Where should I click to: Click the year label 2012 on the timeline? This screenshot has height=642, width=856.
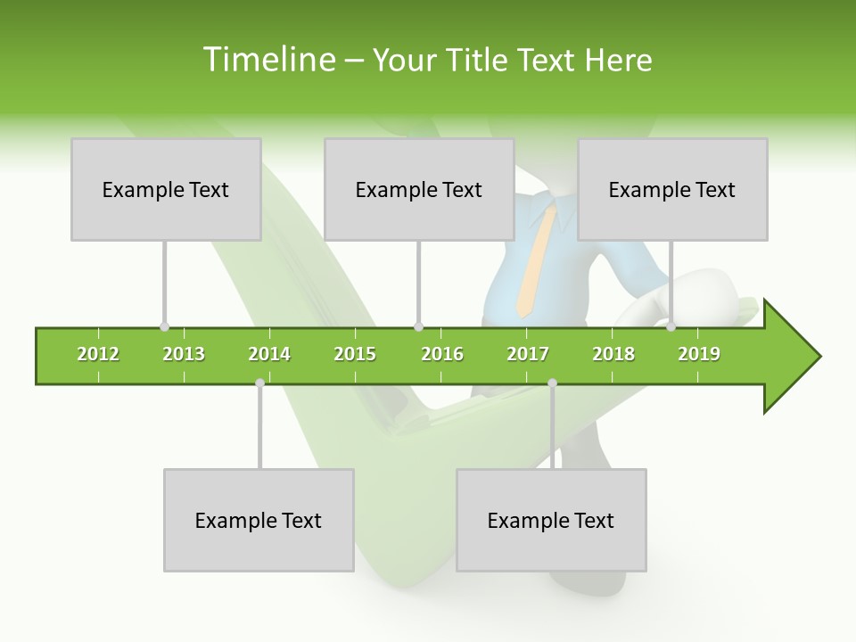[x=98, y=355]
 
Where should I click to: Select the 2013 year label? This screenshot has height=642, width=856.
[x=184, y=355]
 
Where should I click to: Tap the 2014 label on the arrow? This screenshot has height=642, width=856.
[x=269, y=355]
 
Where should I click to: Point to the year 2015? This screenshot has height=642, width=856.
[x=355, y=355]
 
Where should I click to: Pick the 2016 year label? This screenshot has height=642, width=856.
[x=442, y=355]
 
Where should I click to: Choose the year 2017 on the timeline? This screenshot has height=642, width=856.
[x=528, y=355]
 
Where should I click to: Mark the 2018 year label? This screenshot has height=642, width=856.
[x=613, y=355]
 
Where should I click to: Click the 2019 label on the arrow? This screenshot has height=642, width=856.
[x=699, y=355]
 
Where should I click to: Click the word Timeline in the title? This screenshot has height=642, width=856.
[x=267, y=60]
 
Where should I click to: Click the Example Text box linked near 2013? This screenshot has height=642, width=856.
[x=166, y=189]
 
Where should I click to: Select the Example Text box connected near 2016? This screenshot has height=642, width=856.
[x=419, y=189]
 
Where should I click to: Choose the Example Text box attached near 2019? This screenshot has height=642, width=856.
[x=672, y=189]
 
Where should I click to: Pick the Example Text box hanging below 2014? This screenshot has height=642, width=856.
[x=259, y=520]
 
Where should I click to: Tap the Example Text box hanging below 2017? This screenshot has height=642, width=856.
[x=551, y=520]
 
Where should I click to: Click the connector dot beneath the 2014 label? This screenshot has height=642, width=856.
[x=259, y=383]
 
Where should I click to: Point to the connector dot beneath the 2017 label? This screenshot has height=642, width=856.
[x=552, y=383]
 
